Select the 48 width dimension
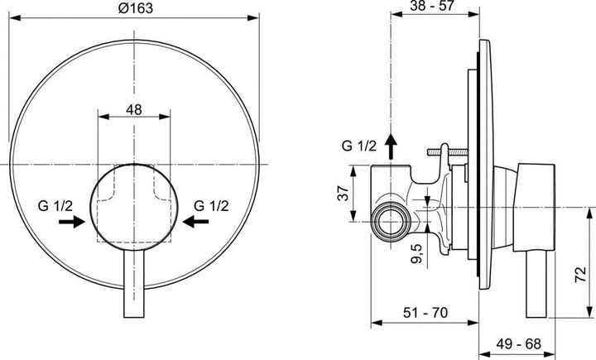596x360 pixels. click(x=133, y=107)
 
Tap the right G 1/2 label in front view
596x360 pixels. click(x=211, y=203)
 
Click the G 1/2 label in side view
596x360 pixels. click(x=358, y=146)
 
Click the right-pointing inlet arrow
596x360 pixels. click(x=74, y=221)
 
